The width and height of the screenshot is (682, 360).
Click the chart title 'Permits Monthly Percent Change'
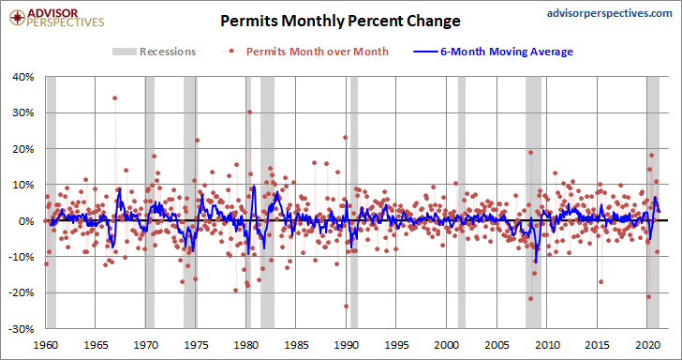point(340,21)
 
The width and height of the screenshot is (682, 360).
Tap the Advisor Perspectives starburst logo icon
point(18,18)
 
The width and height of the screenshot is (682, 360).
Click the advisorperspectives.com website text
point(609,13)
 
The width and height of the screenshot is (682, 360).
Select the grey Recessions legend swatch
point(124,52)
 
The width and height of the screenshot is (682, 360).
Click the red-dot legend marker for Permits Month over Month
point(231,52)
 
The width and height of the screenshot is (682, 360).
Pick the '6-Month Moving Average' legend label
point(507,52)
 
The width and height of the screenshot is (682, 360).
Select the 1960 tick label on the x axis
point(46,345)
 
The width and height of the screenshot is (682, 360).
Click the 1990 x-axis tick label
point(346,345)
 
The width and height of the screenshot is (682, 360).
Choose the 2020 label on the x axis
point(646,345)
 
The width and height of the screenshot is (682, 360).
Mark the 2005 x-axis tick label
point(497,345)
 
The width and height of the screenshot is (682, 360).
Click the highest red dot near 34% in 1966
point(115,97)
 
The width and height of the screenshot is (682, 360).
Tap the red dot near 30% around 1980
point(249,112)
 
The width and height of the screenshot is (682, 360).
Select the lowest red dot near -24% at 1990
point(347,306)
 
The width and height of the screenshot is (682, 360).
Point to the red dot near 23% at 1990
point(346,138)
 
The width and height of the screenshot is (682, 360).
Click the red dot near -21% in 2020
point(649,297)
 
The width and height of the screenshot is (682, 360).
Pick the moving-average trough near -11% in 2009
point(536,262)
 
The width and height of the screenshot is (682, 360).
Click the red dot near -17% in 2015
point(601,281)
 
